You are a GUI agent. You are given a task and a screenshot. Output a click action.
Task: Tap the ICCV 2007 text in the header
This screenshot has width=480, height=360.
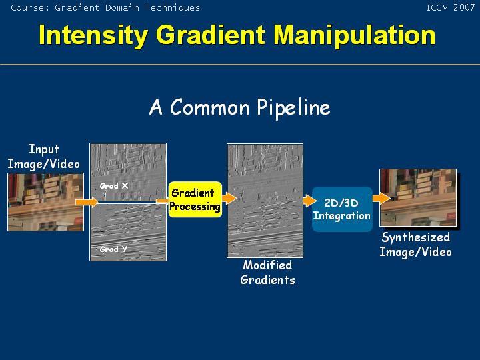coord(451,7)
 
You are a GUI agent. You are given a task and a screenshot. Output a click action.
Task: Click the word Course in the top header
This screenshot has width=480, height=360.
coord(29,7)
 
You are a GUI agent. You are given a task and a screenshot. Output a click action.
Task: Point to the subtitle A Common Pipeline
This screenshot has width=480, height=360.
coord(239,107)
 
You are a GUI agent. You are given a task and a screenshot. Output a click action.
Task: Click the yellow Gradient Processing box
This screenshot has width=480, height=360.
coord(195,199)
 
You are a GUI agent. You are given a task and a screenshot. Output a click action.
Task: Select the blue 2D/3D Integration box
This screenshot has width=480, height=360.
coord(341,209)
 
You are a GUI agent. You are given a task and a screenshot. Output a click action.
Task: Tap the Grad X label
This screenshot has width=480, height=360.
coord(114,186)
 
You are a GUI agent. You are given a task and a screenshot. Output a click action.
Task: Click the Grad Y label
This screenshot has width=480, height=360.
coord(113,249)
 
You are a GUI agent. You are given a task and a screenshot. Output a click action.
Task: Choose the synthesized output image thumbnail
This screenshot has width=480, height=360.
coord(417,198)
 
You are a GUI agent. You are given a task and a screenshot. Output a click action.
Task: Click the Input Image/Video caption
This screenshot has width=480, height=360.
coord(43,157)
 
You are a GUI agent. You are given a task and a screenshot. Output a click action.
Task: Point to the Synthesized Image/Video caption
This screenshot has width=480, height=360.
coord(415,245)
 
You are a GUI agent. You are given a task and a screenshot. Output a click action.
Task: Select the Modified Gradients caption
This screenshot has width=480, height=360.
coord(267,273)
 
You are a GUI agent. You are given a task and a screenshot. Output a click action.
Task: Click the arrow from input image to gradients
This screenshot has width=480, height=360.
coord(86,201)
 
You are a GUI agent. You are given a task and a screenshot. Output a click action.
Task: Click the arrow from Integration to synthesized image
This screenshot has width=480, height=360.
coord(380,198)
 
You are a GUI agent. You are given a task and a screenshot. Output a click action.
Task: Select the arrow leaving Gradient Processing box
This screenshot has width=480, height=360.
coord(229,198)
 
